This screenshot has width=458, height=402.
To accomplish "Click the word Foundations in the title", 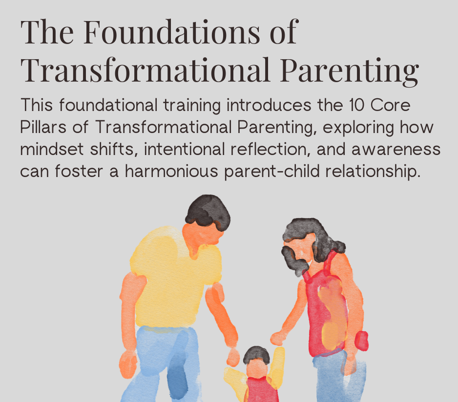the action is [x=172, y=32].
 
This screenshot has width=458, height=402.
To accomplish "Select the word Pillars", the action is [x=43, y=127].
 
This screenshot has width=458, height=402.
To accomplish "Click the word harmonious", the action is [x=171, y=171].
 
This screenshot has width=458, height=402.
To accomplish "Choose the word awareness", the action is [x=396, y=150].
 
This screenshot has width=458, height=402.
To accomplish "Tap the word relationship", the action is [x=373, y=172].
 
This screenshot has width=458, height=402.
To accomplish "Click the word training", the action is [x=192, y=106].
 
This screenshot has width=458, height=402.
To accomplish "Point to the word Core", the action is [x=391, y=105].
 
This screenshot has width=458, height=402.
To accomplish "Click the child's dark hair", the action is [x=256, y=355].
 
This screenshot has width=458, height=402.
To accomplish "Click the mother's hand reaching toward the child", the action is [x=277, y=338].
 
